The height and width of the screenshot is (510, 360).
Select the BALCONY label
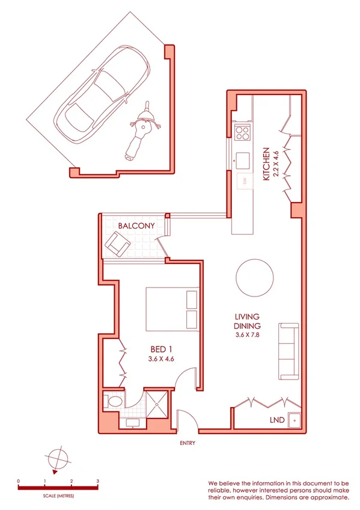[x=136, y=226]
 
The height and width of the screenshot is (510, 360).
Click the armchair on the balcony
[x=118, y=244]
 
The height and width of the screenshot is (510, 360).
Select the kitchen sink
[x=243, y=161]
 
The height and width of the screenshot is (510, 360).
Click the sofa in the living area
[x=288, y=351]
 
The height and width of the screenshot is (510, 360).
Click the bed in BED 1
[x=172, y=309]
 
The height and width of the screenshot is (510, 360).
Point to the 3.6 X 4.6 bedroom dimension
[x=160, y=359]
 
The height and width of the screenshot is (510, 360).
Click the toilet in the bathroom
[x=112, y=401]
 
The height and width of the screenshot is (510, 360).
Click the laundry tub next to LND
[x=294, y=420]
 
